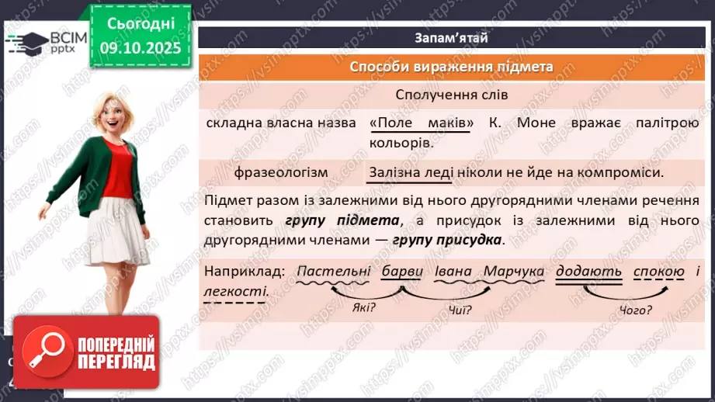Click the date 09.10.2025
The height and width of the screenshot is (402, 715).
[141, 48]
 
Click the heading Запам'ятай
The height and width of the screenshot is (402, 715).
[451, 37]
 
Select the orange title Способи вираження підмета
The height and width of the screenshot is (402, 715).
[451, 67]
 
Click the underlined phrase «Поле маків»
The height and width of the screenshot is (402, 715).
[420, 123]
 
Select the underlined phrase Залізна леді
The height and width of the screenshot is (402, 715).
[411, 172]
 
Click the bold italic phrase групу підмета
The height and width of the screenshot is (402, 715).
[342, 220]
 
